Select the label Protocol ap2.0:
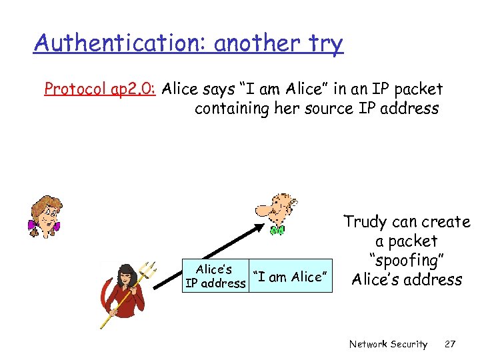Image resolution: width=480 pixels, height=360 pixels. pyautogui.click(x=100, y=89)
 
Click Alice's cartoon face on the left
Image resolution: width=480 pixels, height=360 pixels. pyautogui.click(x=43, y=215)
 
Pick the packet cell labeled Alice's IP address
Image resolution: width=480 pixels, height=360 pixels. pyautogui.click(x=215, y=276)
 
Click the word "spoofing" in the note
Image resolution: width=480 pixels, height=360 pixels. pyautogui.click(x=406, y=260)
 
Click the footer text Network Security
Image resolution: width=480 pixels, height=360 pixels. pyautogui.click(x=388, y=344)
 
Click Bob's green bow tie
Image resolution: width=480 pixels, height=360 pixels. pyautogui.click(x=277, y=230)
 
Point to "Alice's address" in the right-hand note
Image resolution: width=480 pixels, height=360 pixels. pyautogui.click(x=406, y=279)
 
